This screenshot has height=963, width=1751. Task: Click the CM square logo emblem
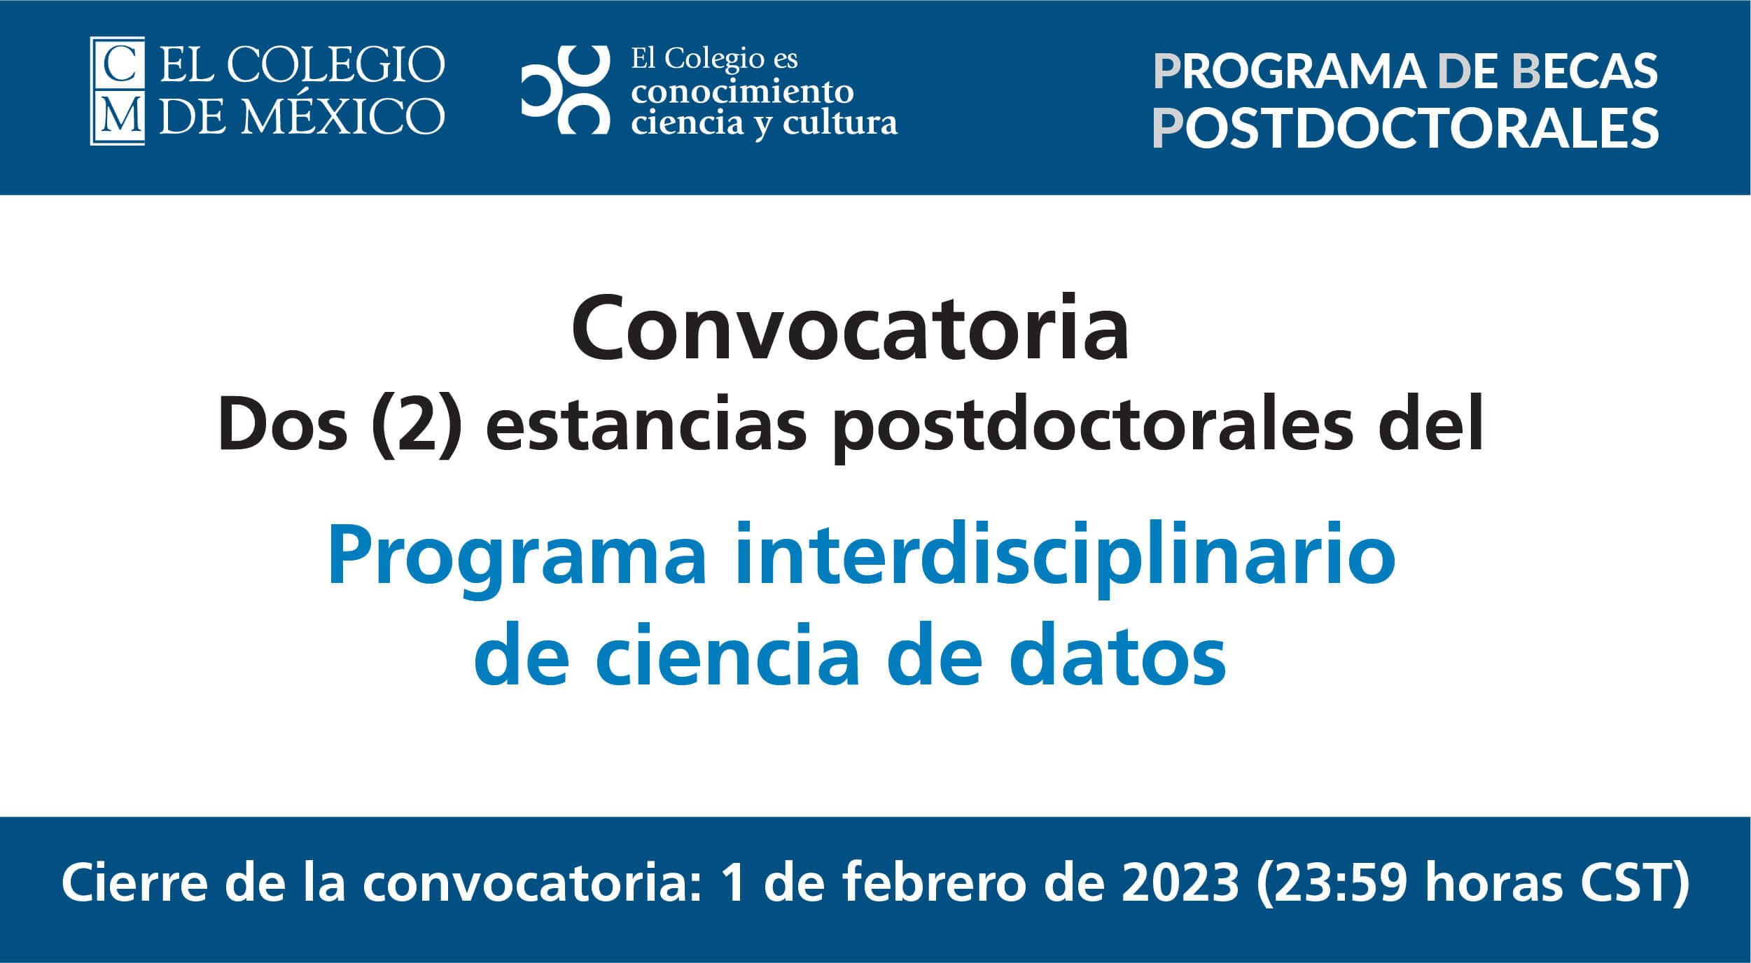pos(118,91)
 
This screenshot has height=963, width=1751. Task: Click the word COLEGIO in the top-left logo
pos(335,65)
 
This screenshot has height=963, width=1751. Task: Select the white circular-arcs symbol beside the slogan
pos(566,90)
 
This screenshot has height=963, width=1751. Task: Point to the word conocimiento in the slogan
pos(742,91)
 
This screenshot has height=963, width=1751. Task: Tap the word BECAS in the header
pos(1585,71)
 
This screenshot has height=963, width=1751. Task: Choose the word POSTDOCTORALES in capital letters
pos(1405,127)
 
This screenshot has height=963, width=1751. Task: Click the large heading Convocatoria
pos(850,329)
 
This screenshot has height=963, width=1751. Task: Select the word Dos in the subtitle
pos(283,425)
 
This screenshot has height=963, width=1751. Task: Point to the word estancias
pos(647,425)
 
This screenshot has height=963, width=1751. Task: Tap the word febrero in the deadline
pos(937,882)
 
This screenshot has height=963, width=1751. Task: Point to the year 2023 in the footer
pos(1180,883)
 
